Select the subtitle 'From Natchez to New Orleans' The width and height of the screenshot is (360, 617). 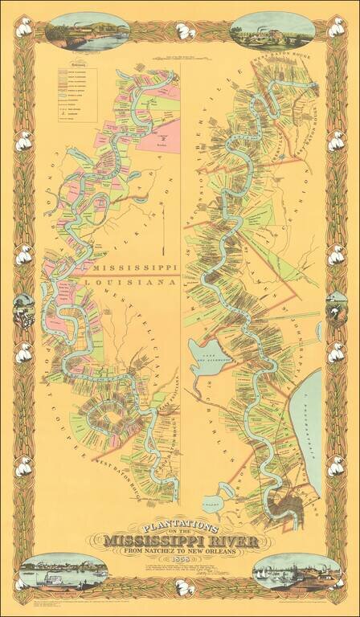pos(180,550)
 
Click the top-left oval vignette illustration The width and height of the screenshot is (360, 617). pos(76,31)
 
